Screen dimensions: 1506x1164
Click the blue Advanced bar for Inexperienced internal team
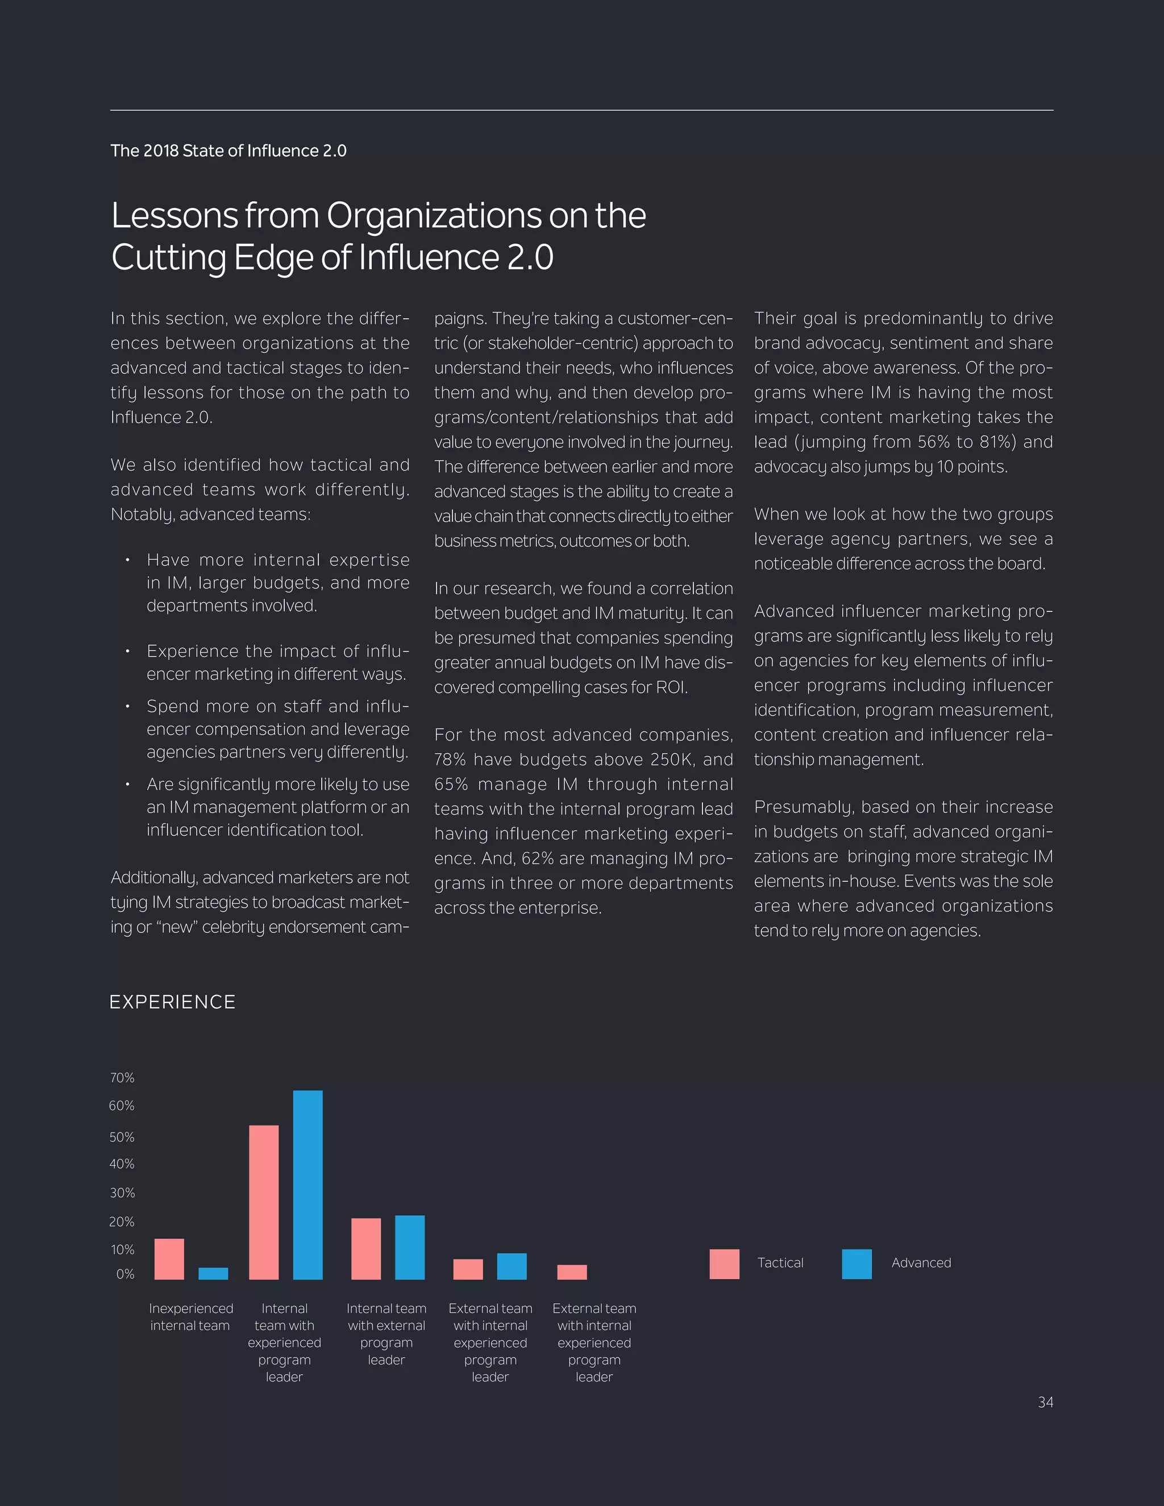[213, 1274]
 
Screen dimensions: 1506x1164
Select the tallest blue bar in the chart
[307, 1185]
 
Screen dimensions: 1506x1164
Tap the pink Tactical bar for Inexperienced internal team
[169, 1259]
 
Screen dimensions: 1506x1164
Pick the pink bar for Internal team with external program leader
[366, 1249]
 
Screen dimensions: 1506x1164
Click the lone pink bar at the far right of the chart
[572, 1272]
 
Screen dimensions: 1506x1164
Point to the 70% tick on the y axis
[122, 1078]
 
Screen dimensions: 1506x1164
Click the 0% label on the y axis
[125, 1274]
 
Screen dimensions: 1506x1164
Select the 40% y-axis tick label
[122, 1164]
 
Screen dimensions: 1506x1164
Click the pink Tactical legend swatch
[724, 1264]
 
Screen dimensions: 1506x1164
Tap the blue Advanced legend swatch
[857, 1264]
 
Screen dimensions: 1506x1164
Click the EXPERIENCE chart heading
[172, 1002]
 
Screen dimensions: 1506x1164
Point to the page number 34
[1045, 1403]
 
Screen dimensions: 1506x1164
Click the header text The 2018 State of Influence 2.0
[228, 151]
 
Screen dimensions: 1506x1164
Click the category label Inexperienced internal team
[190, 1317]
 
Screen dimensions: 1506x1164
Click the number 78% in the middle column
[451, 760]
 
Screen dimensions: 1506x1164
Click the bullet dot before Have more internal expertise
[127, 560]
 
